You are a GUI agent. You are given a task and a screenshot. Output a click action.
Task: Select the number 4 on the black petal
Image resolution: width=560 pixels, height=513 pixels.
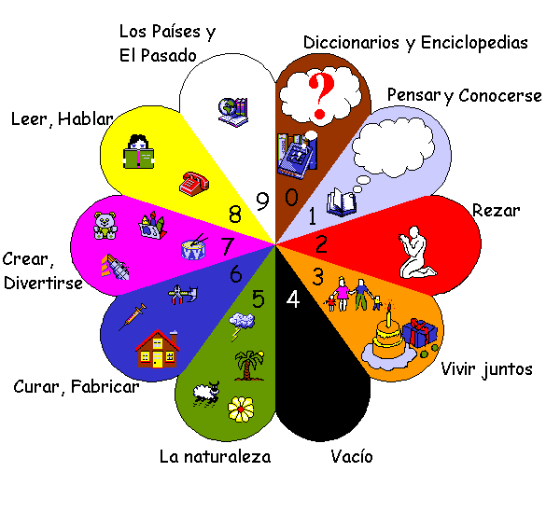coord(293,300)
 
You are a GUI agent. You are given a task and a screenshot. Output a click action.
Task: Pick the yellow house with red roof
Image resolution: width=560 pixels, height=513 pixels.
coord(157,349)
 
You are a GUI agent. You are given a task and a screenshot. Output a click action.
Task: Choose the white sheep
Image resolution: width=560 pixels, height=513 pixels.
coord(204,394)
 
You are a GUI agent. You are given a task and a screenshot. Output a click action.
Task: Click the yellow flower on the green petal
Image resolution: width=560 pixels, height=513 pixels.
coord(242,408)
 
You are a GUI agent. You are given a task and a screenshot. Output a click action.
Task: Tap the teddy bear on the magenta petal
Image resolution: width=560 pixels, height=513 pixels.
coord(105,225)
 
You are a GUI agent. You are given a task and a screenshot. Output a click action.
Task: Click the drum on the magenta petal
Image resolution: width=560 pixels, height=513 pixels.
coord(193,248)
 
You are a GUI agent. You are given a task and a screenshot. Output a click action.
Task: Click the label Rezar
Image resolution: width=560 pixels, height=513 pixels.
coord(497,211)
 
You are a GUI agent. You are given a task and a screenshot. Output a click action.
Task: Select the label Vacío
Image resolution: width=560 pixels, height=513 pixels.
coord(352,457)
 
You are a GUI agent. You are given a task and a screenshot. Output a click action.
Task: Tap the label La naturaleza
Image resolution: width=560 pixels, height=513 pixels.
coord(215,457)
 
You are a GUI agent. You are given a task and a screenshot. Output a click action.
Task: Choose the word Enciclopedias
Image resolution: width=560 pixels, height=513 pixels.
coord(474,43)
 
